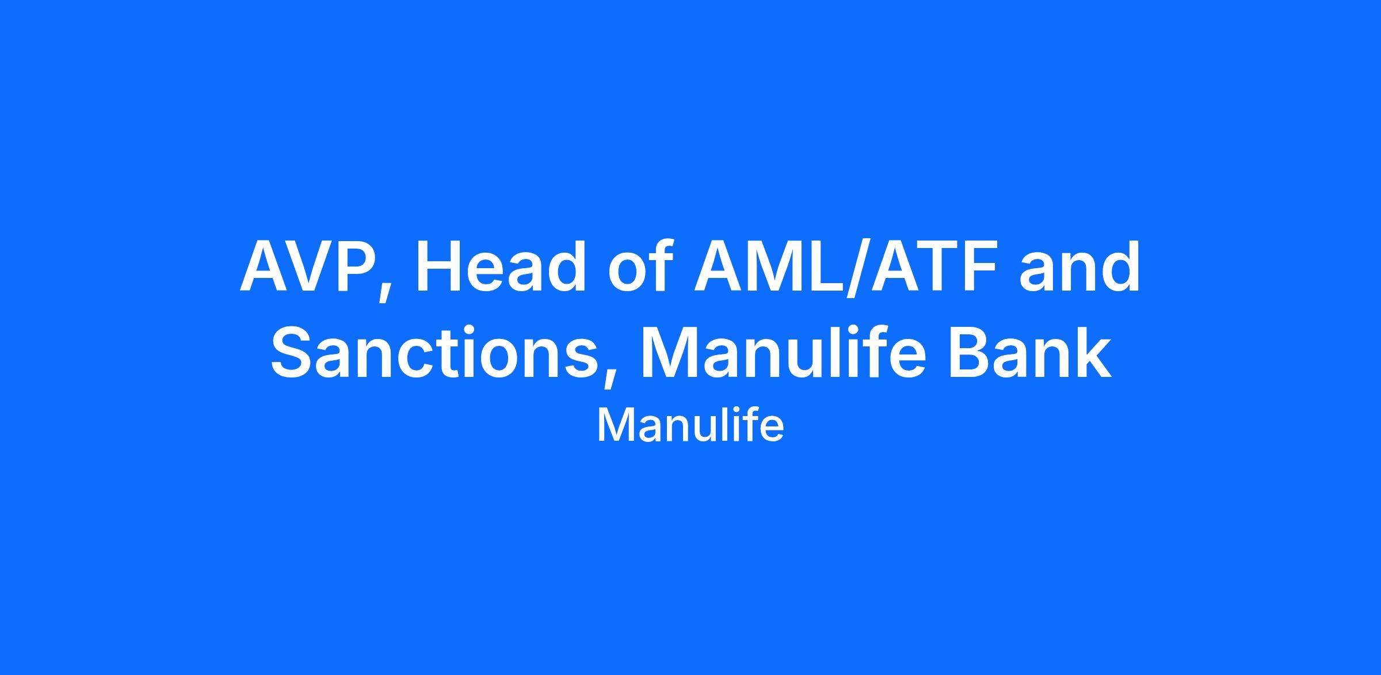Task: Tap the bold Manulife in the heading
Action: (782, 352)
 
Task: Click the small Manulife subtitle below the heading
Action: (690, 426)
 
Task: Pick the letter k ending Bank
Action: (1092, 352)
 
